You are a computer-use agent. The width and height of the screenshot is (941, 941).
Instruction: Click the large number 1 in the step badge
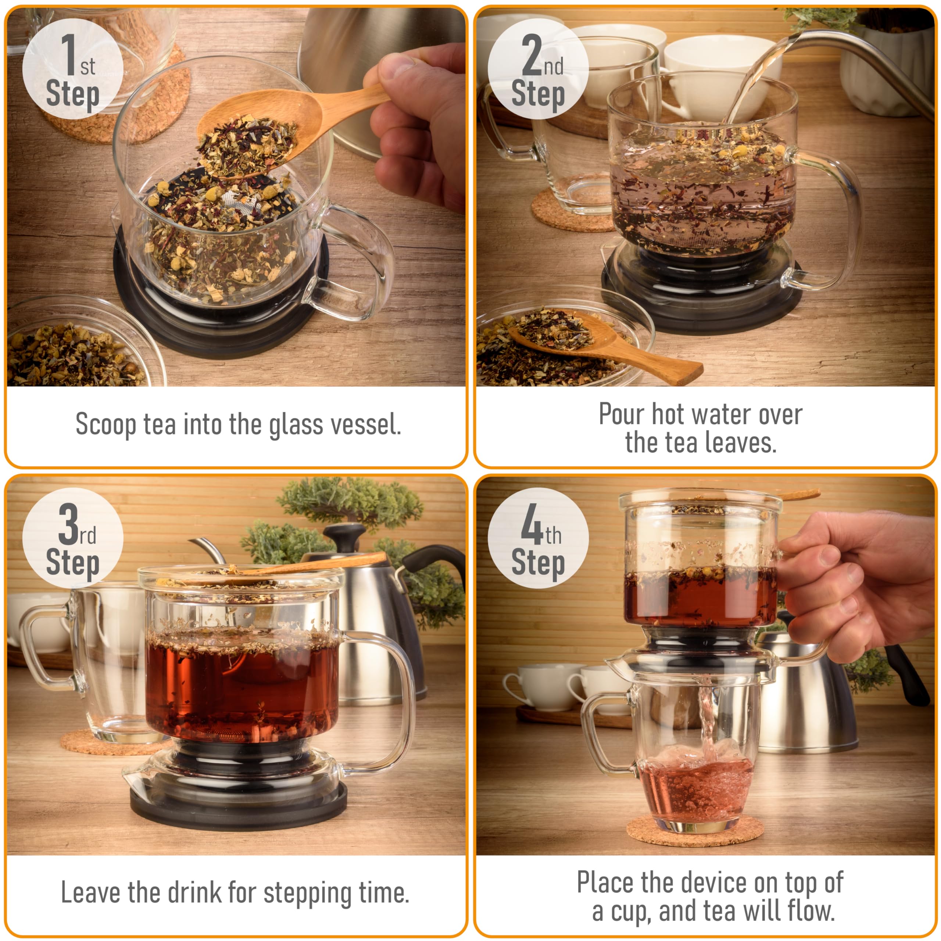tap(68, 55)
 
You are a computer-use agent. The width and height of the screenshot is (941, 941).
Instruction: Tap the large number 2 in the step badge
tap(532, 55)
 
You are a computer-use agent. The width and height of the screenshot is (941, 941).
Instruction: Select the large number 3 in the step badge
tap(68, 524)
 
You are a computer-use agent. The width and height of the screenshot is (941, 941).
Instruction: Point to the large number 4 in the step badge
tap(532, 524)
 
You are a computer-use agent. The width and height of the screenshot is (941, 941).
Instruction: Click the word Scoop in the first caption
tap(106, 425)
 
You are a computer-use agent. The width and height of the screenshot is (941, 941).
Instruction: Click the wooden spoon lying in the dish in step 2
tap(604, 341)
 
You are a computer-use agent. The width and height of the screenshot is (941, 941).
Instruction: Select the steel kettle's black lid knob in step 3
tap(345, 532)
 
